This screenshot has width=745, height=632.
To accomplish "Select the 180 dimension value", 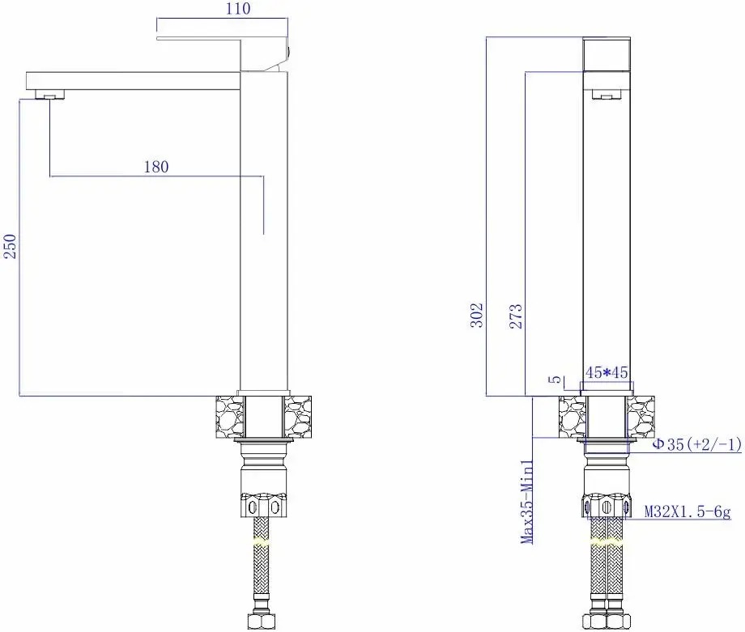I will [155, 167].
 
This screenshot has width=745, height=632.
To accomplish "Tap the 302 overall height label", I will [478, 315].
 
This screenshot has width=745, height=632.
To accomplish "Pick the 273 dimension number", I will [516, 315].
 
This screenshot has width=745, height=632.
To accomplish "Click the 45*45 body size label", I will [607, 373].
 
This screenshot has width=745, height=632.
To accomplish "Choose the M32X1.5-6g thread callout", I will [687, 511].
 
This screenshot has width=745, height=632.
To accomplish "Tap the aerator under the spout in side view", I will [50, 95].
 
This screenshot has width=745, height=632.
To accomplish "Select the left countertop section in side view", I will [227, 416].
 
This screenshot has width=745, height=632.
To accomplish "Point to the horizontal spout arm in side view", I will [134, 80].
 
